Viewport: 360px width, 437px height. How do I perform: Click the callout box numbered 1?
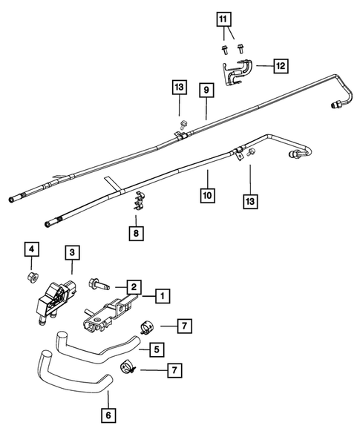(x=161, y=295)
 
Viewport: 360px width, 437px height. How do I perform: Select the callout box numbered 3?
(x=71, y=253)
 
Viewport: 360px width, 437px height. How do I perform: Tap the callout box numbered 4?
(x=30, y=249)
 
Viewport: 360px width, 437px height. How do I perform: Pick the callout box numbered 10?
(x=208, y=196)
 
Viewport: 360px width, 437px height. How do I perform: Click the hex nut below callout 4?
(x=32, y=278)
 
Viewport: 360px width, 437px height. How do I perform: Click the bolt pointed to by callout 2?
(x=99, y=283)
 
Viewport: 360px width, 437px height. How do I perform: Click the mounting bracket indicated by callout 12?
(x=240, y=70)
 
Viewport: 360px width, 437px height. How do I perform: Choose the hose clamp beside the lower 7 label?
(x=128, y=365)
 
